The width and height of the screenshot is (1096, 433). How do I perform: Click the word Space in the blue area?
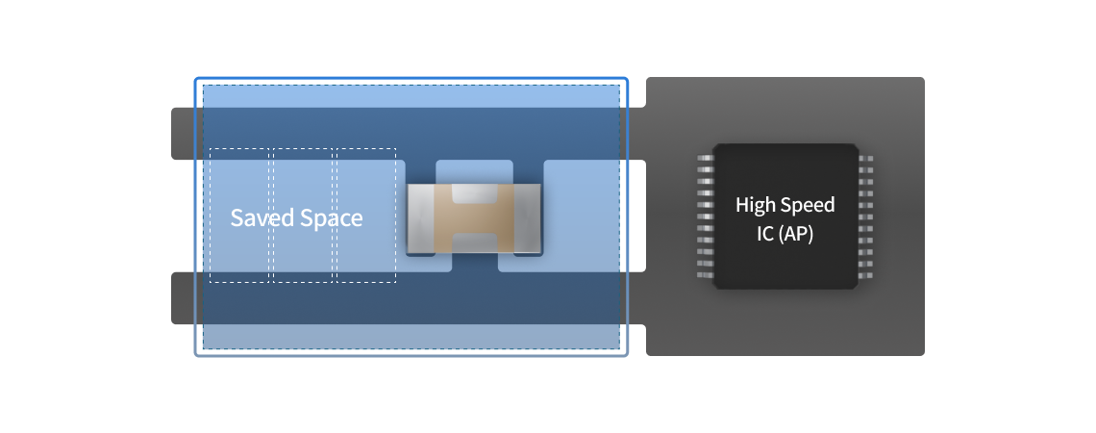point(331,218)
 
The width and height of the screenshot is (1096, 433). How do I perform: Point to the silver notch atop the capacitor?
point(474,193)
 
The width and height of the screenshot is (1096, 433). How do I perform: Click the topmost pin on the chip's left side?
point(706,157)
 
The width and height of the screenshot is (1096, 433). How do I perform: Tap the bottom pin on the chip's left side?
point(706,275)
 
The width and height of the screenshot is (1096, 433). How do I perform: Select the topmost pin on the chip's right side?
point(865,157)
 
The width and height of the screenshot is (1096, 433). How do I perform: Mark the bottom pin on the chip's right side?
point(865,275)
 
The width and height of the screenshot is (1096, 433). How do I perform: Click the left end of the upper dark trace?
point(184,133)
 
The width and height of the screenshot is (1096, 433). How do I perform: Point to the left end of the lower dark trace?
point(184,297)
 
